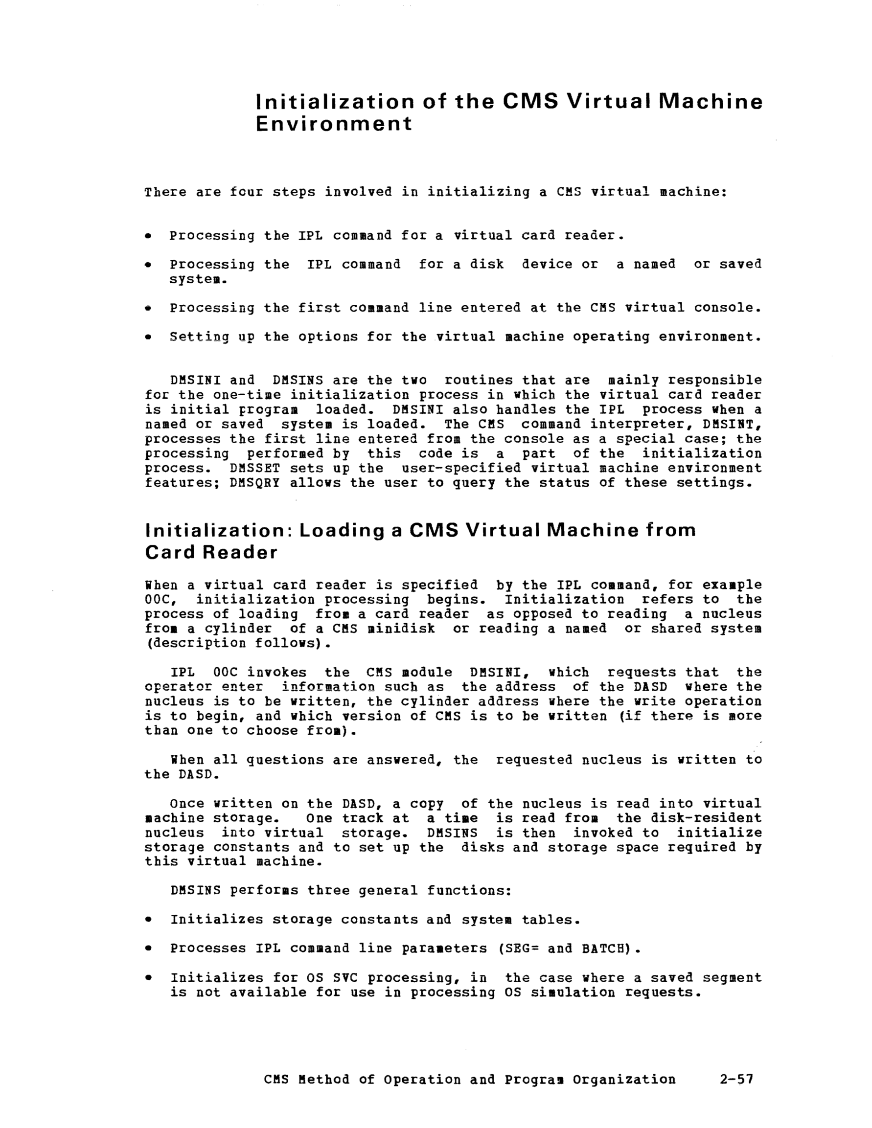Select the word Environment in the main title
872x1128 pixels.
(x=334, y=124)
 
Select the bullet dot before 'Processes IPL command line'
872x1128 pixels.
(x=148, y=949)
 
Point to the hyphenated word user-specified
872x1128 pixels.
(x=461, y=469)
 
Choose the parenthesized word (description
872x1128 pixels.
(x=196, y=643)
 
